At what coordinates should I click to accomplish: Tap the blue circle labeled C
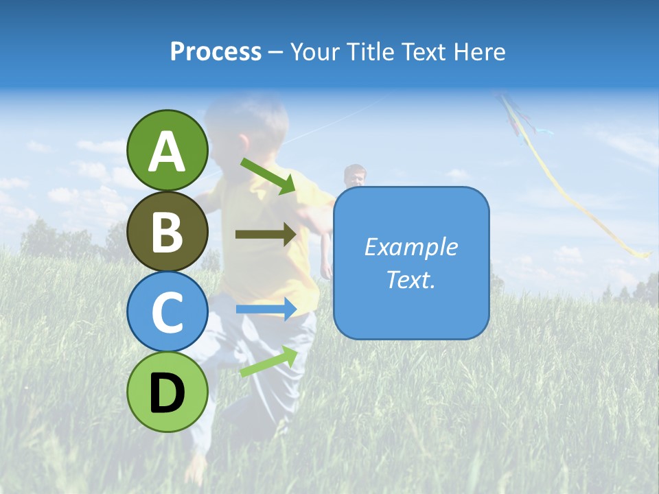pyautogui.click(x=167, y=311)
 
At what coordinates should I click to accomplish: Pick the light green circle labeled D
pyautogui.click(x=167, y=392)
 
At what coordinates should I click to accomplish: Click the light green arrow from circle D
pyautogui.click(x=268, y=361)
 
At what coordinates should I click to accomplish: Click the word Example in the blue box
pyautogui.click(x=411, y=247)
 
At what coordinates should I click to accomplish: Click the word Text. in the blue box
pyautogui.click(x=411, y=279)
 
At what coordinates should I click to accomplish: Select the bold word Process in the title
pyautogui.click(x=216, y=51)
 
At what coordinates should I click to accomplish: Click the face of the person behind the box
pyautogui.click(x=354, y=177)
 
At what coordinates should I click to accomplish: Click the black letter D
pyautogui.click(x=167, y=393)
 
